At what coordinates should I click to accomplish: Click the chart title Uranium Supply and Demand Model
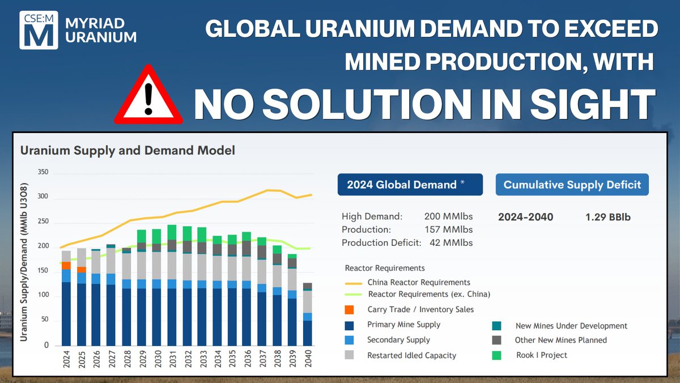[127, 151]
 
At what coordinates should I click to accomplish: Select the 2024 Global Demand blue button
[410, 184]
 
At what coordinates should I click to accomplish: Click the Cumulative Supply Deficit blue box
[572, 184]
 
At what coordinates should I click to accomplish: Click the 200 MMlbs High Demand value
[448, 216]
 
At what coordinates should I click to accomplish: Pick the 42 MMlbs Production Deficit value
[450, 243]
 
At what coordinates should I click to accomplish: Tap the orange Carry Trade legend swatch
[349, 310]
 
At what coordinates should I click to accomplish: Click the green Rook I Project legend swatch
[498, 355]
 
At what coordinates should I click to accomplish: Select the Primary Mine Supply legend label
[403, 325]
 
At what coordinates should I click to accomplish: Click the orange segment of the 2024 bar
[66, 266]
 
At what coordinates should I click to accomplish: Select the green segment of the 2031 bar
[172, 232]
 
